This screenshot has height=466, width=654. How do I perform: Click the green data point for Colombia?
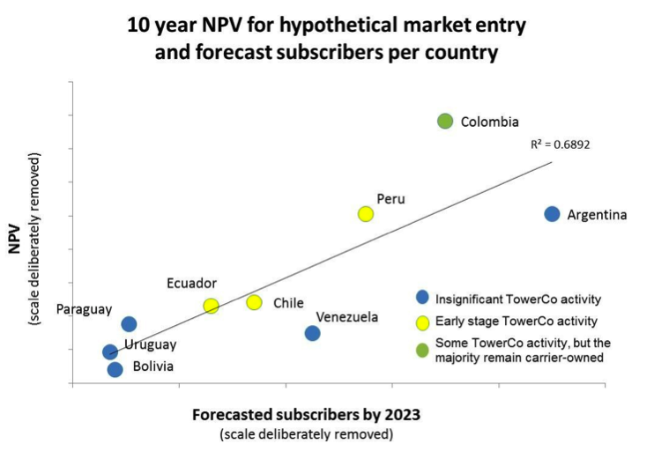[445, 122]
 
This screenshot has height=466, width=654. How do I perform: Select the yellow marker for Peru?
[366, 214]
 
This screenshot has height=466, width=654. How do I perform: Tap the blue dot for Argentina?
[552, 214]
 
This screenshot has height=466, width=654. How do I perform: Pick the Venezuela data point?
[312, 333]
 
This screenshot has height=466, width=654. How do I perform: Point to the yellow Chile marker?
[254, 302]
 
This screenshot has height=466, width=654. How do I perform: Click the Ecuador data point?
[211, 306]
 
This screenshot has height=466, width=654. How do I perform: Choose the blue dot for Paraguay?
[129, 324]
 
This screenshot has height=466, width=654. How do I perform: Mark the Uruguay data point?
[110, 352]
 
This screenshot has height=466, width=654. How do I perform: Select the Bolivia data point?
[115, 369]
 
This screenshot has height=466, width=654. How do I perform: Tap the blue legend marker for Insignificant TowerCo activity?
[422, 297]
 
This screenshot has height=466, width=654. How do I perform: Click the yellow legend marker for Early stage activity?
[422, 322]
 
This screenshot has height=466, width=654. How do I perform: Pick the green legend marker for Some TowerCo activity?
[422, 350]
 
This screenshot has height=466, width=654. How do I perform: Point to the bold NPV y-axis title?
[15, 237]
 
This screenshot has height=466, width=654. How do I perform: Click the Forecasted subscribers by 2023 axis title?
[306, 414]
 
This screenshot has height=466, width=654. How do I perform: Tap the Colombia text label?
[489, 122]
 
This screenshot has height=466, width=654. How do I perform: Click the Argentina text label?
[597, 214]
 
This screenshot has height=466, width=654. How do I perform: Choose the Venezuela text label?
[347, 317]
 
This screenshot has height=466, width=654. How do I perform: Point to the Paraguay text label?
[84, 309]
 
